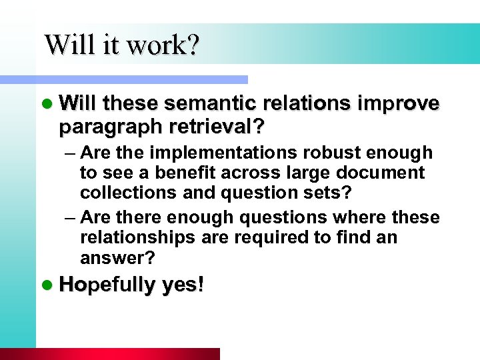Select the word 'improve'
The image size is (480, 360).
[399, 105]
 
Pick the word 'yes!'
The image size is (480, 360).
[181, 285]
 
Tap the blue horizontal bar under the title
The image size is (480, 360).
[133, 79]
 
